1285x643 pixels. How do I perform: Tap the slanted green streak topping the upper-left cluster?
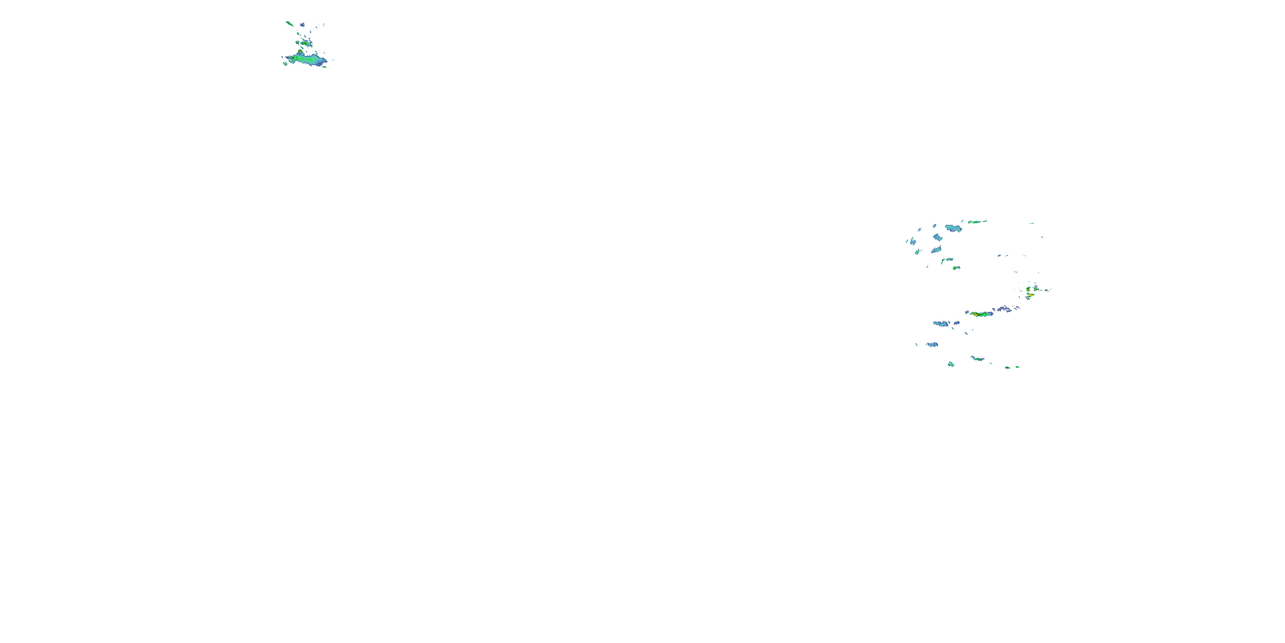tap(289, 23)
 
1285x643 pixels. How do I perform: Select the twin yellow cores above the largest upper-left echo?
tap(300, 51)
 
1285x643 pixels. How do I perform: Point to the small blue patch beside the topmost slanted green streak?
tap(302, 24)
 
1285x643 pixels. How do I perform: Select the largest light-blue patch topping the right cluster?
tap(953, 228)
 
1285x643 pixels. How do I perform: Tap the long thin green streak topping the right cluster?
tap(977, 222)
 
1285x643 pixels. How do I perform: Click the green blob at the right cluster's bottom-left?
tap(951, 364)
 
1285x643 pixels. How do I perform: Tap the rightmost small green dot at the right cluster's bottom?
tap(1017, 367)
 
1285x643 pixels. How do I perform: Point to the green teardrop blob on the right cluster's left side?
tap(917, 252)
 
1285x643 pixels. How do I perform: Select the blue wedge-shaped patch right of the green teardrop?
tap(936, 249)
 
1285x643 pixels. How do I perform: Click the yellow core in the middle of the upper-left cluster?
tap(305, 43)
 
